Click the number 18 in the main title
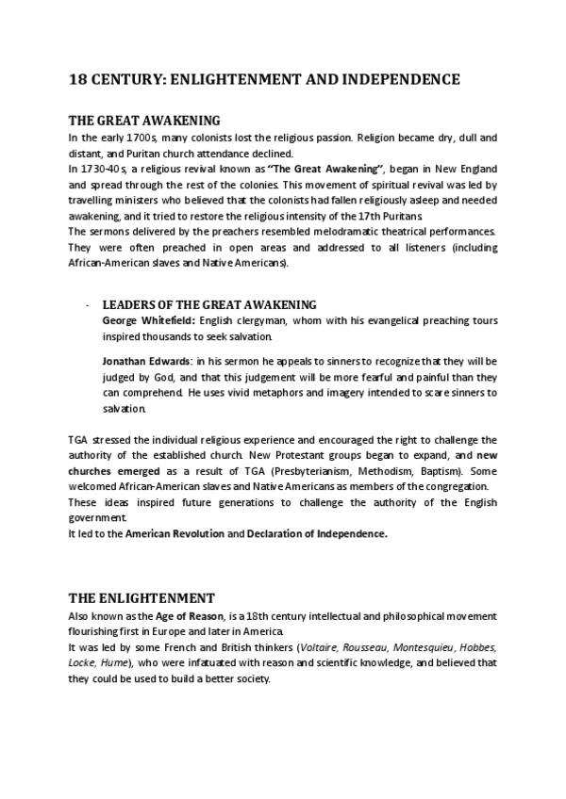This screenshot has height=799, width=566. click(x=78, y=80)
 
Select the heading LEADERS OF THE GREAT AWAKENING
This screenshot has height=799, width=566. click(x=208, y=304)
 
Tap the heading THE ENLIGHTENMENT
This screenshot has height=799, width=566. click(x=141, y=597)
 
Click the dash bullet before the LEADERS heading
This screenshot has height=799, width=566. click(x=86, y=305)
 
